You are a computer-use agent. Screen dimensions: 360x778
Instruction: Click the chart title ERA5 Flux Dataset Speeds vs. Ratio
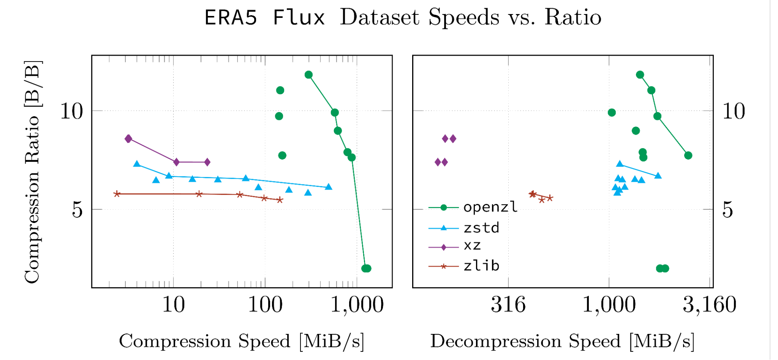tap(403, 18)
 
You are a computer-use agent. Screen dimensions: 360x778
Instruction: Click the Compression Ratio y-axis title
tap(32, 172)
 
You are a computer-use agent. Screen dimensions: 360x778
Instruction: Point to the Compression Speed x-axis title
tap(241, 341)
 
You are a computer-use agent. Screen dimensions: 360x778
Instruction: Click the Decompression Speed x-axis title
tap(562, 341)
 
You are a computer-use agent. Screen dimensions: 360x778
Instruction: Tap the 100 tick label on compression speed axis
tap(265, 305)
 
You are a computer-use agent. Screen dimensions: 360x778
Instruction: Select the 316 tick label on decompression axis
tap(508, 305)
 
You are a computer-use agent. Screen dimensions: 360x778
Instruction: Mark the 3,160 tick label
tap(709, 305)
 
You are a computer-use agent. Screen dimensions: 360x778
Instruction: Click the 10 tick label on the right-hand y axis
tap(733, 111)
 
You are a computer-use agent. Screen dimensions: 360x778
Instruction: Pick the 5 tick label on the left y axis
tap(77, 210)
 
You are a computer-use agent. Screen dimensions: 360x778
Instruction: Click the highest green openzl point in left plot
tap(309, 75)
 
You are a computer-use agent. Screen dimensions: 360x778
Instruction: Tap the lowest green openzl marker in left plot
tap(366, 268)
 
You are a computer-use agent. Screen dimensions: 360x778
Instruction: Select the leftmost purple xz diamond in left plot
tap(128, 139)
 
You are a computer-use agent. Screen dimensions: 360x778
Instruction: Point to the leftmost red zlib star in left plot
tap(116, 194)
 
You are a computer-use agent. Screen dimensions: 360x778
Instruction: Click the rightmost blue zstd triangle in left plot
tap(328, 187)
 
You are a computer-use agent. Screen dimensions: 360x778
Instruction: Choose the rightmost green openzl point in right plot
tap(688, 155)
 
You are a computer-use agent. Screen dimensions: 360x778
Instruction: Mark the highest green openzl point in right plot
tap(640, 75)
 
